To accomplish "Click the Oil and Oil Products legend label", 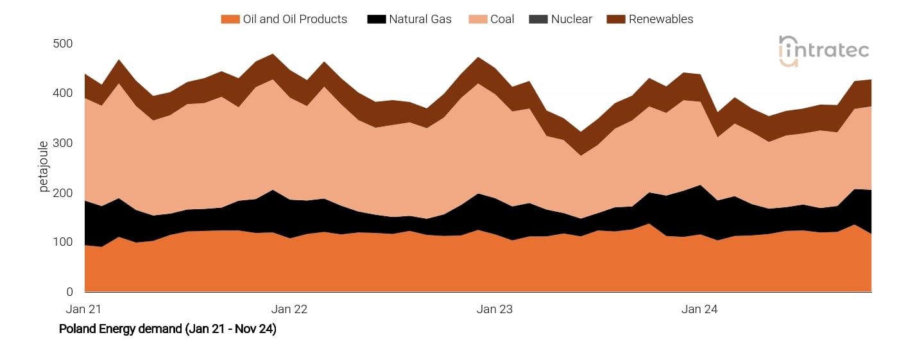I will click(295, 19).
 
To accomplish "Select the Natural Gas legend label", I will click(420, 19).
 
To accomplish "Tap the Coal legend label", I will click(502, 19).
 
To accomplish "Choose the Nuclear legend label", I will click(571, 19).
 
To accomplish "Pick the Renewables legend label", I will click(661, 19).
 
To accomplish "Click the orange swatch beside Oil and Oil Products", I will click(230, 19).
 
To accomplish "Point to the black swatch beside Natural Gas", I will click(376, 19).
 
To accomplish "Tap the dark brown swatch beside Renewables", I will click(615, 19).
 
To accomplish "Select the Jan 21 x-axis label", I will click(85, 309).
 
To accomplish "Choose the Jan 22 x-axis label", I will click(289, 309).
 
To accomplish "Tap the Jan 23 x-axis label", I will click(495, 309).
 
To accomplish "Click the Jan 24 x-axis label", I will click(699, 309).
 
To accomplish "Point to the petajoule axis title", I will click(44, 167).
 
